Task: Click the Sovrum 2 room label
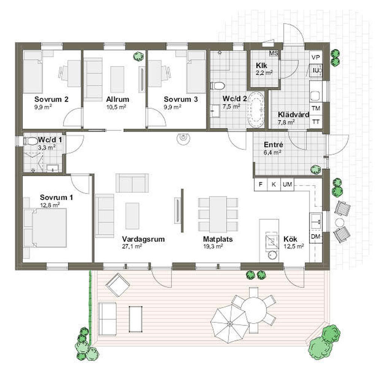click(x=51, y=99)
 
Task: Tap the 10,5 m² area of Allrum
click(x=116, y=107)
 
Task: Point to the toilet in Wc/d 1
click(x=30, y=141)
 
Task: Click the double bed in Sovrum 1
click(x=45, y=228)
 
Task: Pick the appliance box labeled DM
click(x=315, y=237)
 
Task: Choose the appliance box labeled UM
click(x=287, y=184)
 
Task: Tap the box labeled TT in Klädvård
click(x=316, y=122)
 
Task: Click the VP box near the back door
click(x=316, y=57)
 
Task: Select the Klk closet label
click(x=261, y=66)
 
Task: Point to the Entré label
click(x=273, y=145)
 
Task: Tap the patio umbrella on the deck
click(x=230, y=324)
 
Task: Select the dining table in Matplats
click(x=218, y=214)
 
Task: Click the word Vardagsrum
click(x=143, y=239)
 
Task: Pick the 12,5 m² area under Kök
click(x=294, y=246)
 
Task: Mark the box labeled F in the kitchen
click(x=261, y=184)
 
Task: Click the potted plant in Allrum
click(x=138, y=57)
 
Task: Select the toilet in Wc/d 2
click(x=218, y=86)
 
